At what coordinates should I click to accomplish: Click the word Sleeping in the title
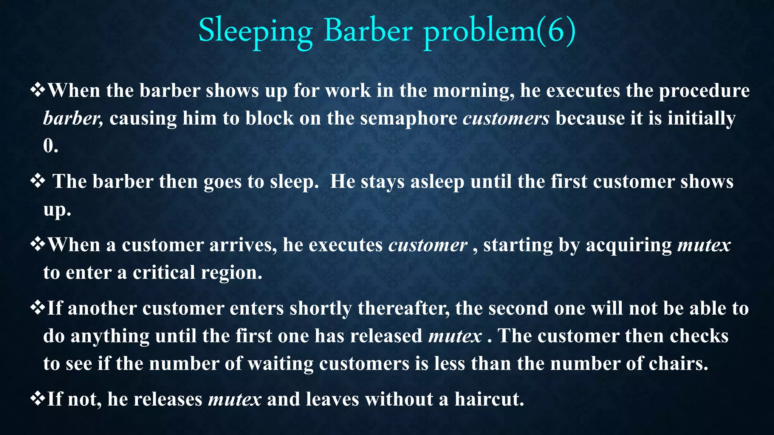[x=255, y=31]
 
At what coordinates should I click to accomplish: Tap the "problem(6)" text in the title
[x=499, y=31]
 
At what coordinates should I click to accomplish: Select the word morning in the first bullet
[x=473, y=91]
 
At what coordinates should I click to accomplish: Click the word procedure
[x=704, y=91]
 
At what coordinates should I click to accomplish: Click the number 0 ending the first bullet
[x=48, y=146]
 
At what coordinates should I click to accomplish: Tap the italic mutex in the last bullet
[x=235, y=400]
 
